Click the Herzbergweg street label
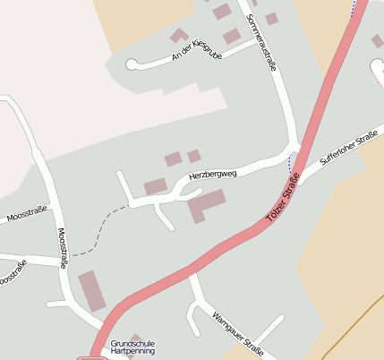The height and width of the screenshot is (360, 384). tap(213, 175)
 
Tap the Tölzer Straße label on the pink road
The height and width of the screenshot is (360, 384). tap(282, 203)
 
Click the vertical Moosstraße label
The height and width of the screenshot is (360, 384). tap(62, 248)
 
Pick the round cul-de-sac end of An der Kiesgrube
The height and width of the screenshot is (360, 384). tap(132, 64)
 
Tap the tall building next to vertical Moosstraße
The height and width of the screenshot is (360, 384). tap(92, 292)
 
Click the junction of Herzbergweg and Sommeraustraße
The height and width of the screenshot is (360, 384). tap(293, 149)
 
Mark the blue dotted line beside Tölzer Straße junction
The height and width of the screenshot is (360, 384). tap(290, 163)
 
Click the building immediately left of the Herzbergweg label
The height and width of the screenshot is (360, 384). tap(156, 186)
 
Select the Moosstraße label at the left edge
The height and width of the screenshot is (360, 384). tap(25, 216)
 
